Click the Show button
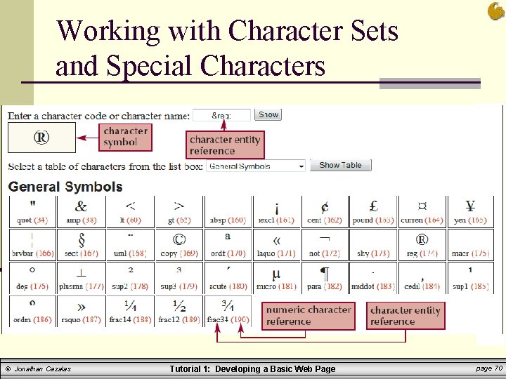point(268,114)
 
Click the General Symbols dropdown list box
point(257,166)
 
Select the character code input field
point(221,115)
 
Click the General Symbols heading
point(65,187)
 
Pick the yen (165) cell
point(470,211)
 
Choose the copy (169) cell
point(179,244)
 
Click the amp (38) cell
point(82,211)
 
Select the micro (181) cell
point(276,278)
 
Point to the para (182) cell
point(325,278)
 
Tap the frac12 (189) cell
point(179,311)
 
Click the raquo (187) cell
point(82,311)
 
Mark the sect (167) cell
point(82,244)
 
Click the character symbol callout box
point(125,136)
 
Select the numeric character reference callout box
point(309,316)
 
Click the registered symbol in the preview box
point(41,138)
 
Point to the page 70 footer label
point(488,368)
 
